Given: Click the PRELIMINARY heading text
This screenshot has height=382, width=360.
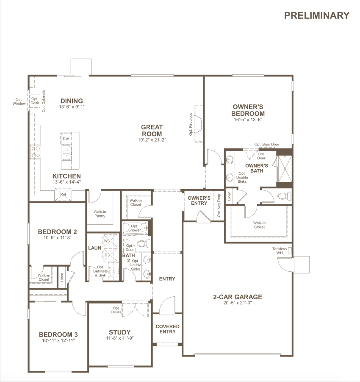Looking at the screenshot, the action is pyautogui.click(x=317, y=15).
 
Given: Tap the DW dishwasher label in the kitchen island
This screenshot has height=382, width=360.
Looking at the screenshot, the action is pyautogui.click(x=66, y=139).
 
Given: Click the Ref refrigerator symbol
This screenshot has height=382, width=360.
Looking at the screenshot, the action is pyautogui.click(x=63, y=195).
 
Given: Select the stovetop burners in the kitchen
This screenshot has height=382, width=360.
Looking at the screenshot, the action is pyautogui.click(x=36, y=152).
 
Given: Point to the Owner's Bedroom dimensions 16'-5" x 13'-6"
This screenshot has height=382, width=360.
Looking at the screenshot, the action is pyautogui.click(x=248, y=120).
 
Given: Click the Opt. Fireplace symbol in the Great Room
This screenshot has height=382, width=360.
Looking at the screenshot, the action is pyautogui.click(x=198, y=124).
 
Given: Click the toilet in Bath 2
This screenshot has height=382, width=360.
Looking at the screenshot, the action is pyautogui.click(x=144, y=243).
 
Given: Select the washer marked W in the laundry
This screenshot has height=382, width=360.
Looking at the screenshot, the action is pyautogui.click(x=110, y=241).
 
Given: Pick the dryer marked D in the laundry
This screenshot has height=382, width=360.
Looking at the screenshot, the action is pyautogui.click(x=110, y=255).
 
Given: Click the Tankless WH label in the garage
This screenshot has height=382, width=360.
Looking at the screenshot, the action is pyautogui.click(x=280, y=251).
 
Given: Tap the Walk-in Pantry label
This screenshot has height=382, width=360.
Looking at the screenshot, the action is pyautogui.click(x=100, y=214).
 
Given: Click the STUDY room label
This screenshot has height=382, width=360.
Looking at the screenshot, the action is pyautogui.click(x=120, y=332).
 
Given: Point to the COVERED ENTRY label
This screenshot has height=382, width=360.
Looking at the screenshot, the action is pyautogui.click(x=167, y=329).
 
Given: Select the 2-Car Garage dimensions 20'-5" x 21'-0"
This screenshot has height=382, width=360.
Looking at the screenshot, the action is pyautogui.click(x=238, y=303).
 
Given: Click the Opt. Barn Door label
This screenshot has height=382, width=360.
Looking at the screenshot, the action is pyautogui.click(x=267, y=144).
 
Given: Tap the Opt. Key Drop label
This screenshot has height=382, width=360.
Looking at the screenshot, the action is pyautogui.click(x=219, y=205).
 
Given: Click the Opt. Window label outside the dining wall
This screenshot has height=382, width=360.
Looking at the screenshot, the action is pyautogui.click(x=19, y=101).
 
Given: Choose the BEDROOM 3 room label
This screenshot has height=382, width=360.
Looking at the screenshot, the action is pyautogui.click(x=58, y=335).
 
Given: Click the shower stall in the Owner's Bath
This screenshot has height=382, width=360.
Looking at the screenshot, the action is pyautogui.click(x=284, y=169).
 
